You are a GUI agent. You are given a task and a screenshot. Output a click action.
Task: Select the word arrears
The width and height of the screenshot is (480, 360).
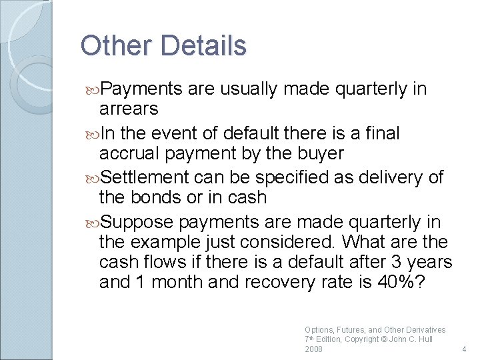[x=129, y=109]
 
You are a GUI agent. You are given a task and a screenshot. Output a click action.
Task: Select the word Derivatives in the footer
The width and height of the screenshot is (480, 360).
[x=423, y=329]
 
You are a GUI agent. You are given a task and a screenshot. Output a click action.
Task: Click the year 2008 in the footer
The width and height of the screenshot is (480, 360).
[x=313, y=349]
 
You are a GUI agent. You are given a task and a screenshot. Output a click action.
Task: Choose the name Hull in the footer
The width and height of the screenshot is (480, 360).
[x=424, y=339]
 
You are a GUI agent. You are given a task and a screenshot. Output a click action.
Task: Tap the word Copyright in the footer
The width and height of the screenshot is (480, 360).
[x=362, y=339]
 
